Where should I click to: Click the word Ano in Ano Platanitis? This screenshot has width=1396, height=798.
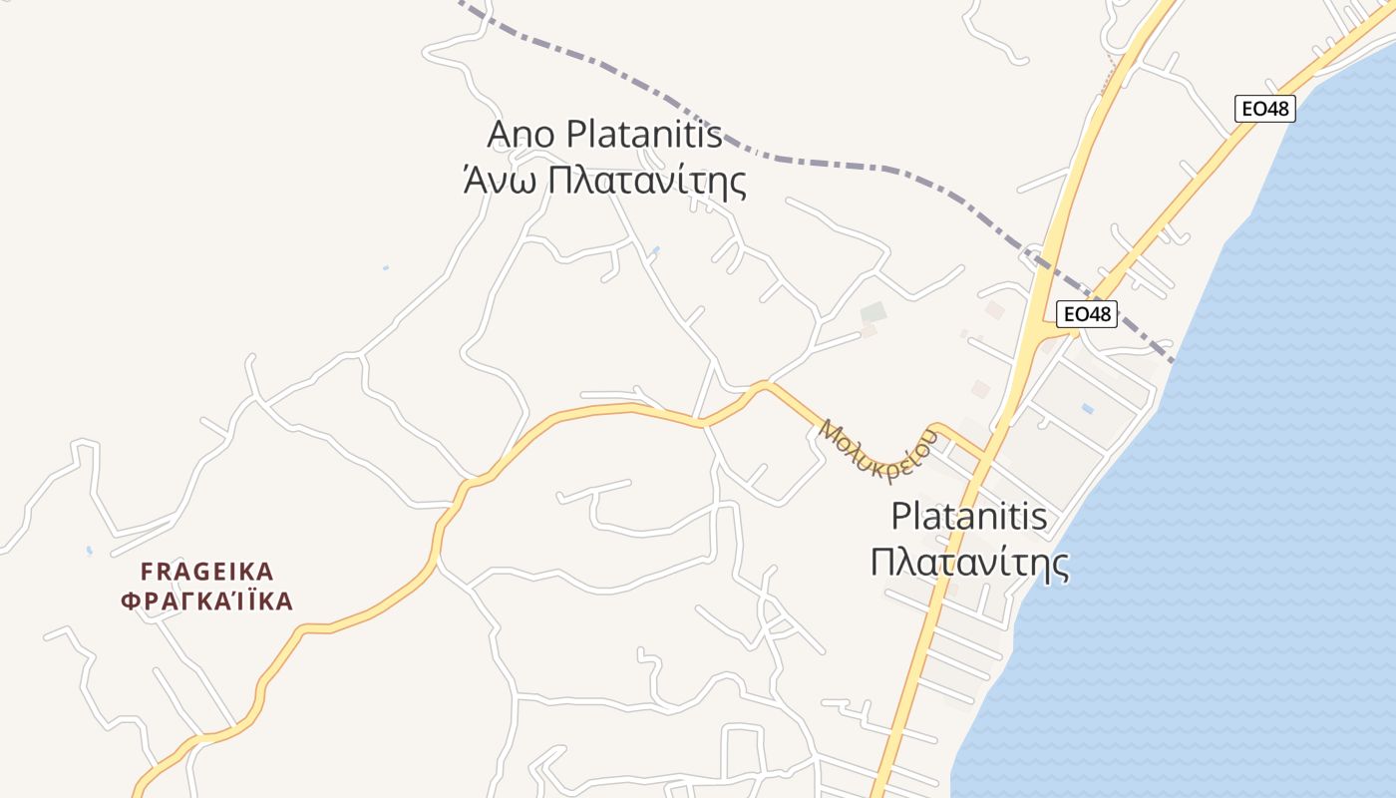coord(522,135)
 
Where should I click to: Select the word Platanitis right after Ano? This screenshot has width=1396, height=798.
coord(644,135)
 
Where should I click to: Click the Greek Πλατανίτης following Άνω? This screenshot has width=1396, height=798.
coord(634,182)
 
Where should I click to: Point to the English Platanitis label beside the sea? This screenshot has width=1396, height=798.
coord(969,517)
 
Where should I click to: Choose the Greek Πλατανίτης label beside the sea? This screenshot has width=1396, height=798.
coord(969,564)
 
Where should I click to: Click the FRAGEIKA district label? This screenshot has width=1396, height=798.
coord(207,572)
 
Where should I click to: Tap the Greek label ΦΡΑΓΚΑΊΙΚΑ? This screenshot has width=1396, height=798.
coord(207,601)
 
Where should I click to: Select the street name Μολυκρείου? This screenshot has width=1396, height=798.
coord(877,451)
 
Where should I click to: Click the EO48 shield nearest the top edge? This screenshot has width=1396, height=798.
coord(1264,109)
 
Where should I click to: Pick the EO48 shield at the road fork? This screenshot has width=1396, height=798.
coord(1086,314)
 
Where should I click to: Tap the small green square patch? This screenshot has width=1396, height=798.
coord(872,312)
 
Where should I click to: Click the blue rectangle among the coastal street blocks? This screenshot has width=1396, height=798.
coord(1087,409)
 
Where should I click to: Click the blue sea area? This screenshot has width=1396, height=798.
coord(1246,499)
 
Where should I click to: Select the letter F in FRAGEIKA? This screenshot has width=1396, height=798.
coord(147,572)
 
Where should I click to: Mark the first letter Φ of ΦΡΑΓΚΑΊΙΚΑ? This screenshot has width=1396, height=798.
coord(129,601)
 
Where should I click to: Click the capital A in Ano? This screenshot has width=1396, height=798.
coord(499,135)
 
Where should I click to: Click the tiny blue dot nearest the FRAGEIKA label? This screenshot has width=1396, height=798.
coord(89,550)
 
